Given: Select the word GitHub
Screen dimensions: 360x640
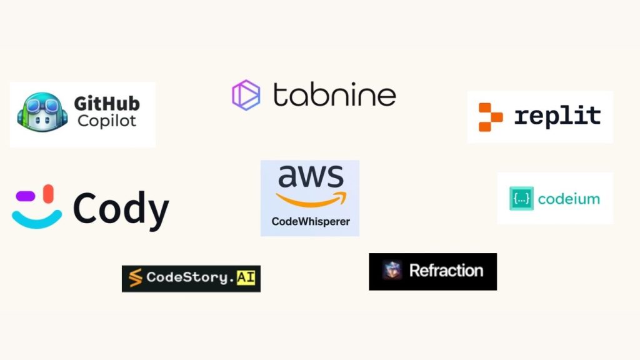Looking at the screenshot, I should tap(107, 104).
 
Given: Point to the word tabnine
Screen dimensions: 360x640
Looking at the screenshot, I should tap(334, 95).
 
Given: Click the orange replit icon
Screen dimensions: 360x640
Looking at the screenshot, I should tap(490, 117).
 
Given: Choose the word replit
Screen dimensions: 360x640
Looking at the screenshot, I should tap(557, 116).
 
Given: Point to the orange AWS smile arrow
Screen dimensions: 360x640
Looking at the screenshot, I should tap(310, 199).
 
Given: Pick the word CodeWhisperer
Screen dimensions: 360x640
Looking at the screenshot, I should tap(311, 221).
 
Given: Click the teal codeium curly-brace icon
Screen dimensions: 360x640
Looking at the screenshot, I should tap(521, 199).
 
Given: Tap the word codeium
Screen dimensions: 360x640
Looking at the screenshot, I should tap(569, 199).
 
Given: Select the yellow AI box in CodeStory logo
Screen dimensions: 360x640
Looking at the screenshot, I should tap(246, 277).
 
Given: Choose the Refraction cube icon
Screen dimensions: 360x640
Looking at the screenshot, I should tap(392, 271).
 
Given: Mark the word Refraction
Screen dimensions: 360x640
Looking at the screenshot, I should tap(446, 271).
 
